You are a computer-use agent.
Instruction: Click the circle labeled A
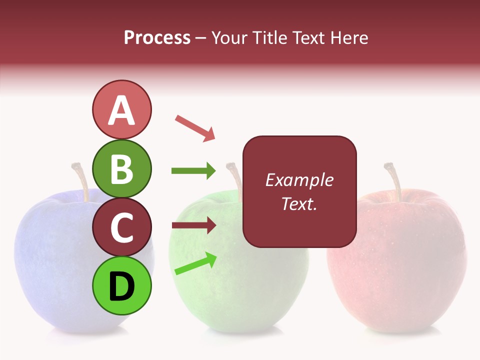pos(122,110)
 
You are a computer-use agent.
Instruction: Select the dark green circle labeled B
pos(122,168)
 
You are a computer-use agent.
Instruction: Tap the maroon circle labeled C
pos(122,227)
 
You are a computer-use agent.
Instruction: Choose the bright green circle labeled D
pos(122,286)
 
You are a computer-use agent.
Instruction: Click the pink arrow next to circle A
pos(195,128)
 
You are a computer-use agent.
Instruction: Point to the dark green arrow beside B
pos(193,171)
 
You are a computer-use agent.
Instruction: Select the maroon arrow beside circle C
pos(193,225)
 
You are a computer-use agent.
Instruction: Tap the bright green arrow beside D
pos(195,264)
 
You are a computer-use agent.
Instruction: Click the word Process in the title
pos(157,37)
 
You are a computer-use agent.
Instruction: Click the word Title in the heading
pos(272,37)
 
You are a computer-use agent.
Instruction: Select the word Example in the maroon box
pos(299,180)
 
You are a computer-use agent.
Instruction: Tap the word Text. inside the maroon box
pos(299,203)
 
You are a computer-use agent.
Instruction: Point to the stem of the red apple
pos(395,180)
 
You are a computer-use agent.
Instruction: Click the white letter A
pos(122,110)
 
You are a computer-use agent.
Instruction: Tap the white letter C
pos(122,228)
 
